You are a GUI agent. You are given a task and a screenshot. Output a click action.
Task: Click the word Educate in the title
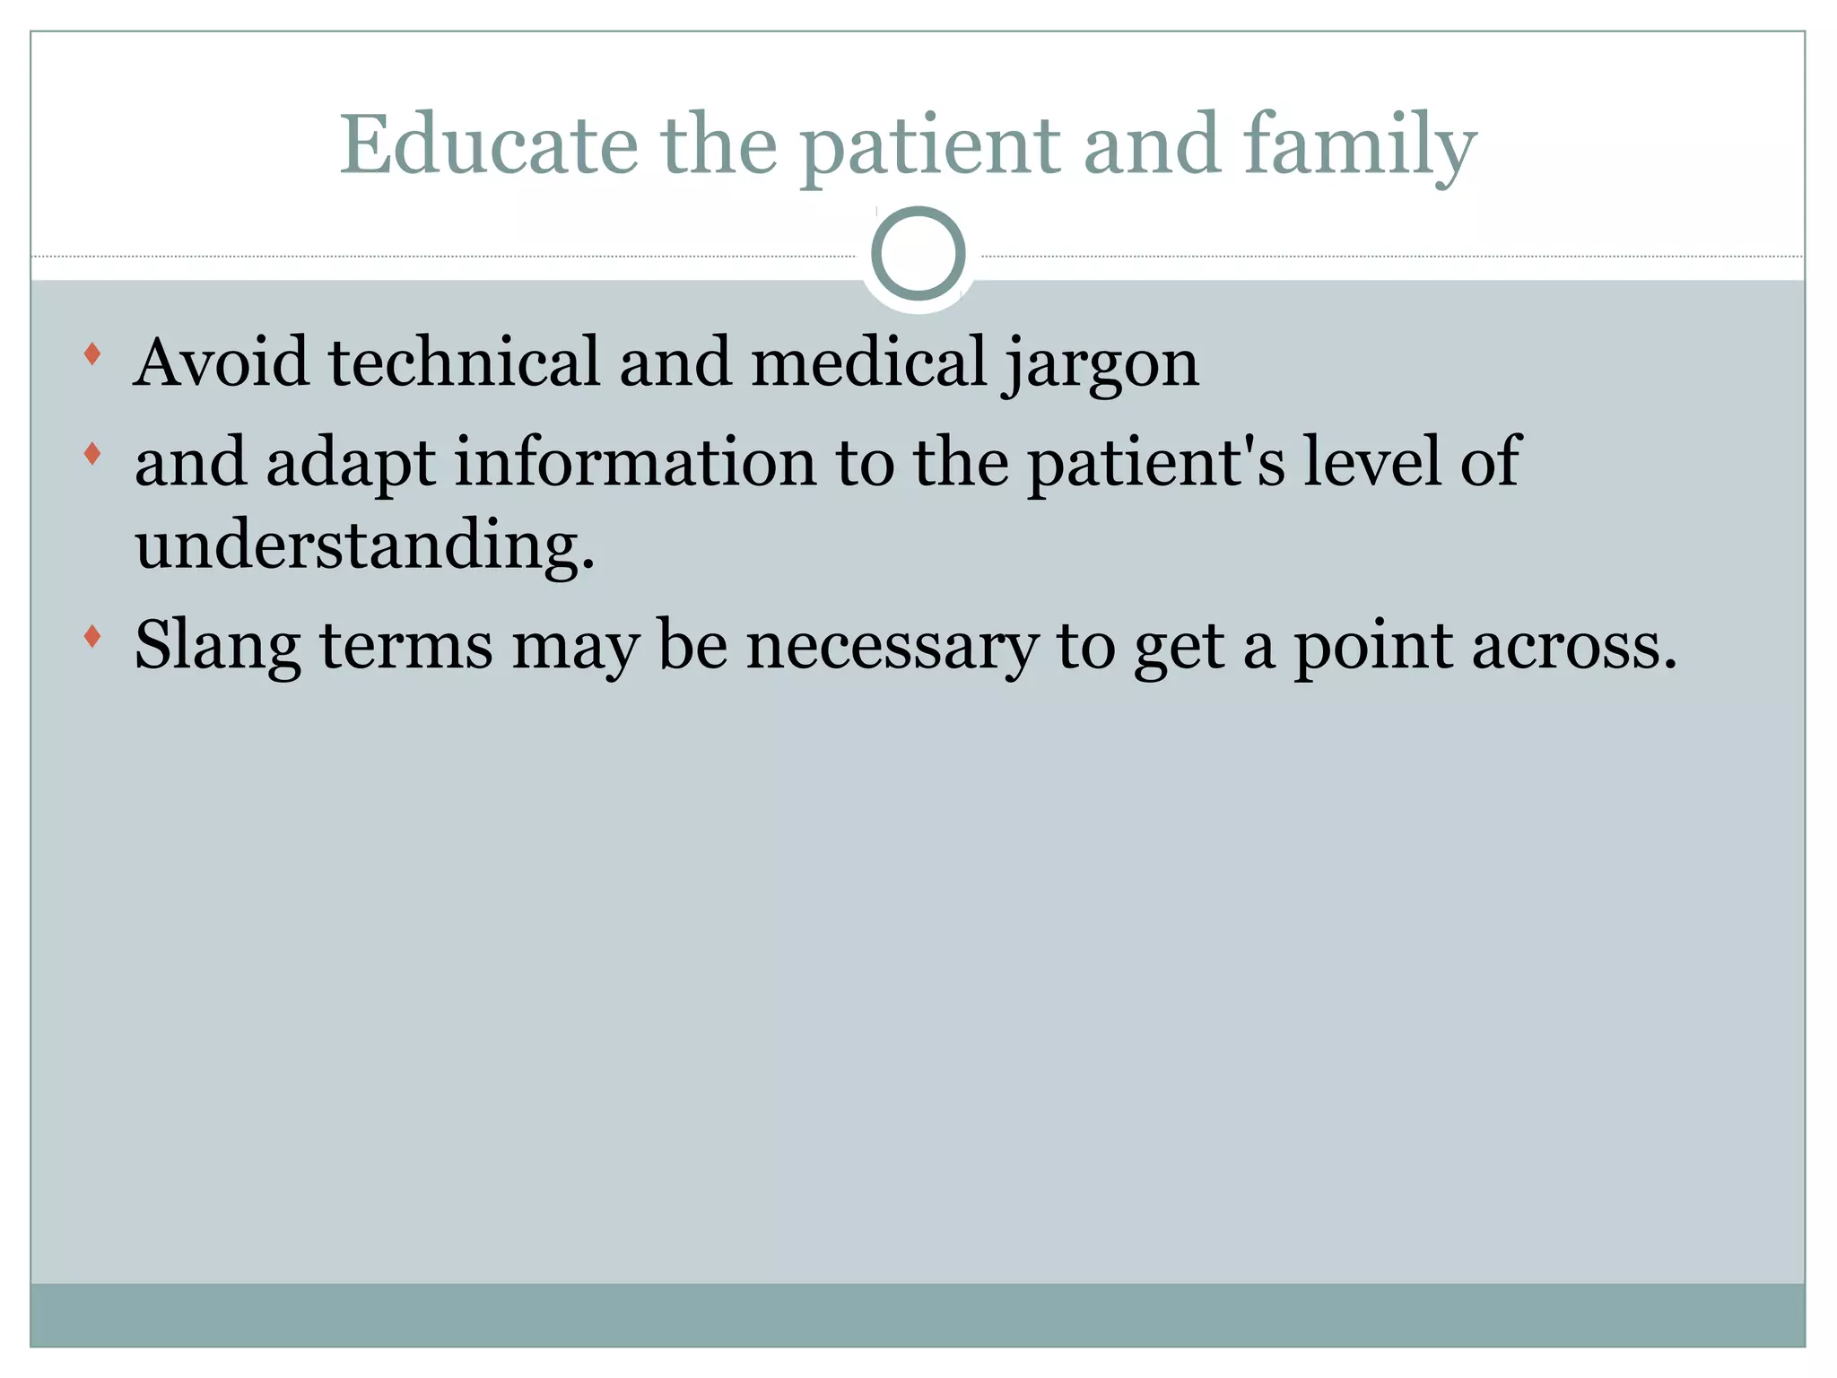[488, 145]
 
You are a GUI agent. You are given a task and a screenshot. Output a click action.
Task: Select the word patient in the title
[929, 145]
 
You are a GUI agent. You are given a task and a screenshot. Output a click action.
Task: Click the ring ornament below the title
[918, 253]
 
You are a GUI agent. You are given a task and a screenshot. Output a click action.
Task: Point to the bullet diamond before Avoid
[91, 354]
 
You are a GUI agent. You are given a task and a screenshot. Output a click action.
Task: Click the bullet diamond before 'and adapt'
[91, 454]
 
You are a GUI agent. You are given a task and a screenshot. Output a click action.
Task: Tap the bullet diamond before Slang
[91, 637]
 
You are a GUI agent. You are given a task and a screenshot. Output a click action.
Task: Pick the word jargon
[1101, 363]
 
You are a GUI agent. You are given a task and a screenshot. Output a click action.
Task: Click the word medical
[868, 362]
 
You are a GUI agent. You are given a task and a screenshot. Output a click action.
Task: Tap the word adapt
[351, 463]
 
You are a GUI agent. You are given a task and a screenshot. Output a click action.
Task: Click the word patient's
[1156, 463]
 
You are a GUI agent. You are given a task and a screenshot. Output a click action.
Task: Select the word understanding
[364, 545]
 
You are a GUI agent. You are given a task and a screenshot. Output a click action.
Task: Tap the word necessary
[892, 646]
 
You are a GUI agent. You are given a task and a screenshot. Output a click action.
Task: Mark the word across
[1573, 646]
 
